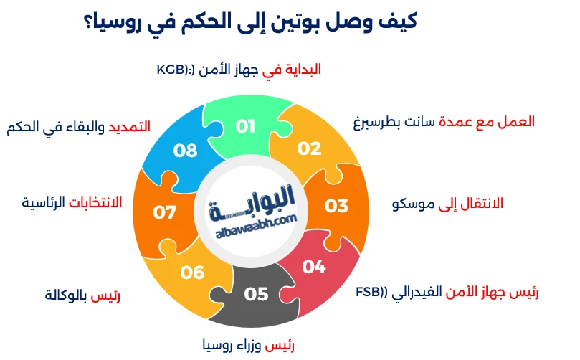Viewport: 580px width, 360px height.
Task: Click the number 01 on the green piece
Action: click(x=246, y=127)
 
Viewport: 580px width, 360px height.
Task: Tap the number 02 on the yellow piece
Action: click(x=310, y=148)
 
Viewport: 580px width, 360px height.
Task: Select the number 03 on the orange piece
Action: click(x=336, y=206)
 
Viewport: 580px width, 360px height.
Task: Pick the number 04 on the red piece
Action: click(x=314, y=267)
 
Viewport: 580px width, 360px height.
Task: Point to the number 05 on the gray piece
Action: click(x=256, y=294)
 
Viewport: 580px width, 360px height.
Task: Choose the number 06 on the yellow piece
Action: click(x=192, y=273)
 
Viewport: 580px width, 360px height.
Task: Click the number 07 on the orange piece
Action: click(x=165, y=213)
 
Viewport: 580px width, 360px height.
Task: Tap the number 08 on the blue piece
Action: click(x=186, y=151)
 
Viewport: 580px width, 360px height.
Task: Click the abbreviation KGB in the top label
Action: click(x=171, y=70)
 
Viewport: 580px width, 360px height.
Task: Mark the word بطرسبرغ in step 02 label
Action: click(x=380, y=122)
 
